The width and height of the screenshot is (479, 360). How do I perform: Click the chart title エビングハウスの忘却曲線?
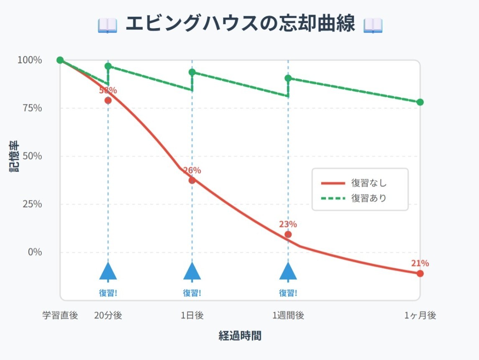coord(240,24)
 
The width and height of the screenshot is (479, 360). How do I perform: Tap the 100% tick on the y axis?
coord(30,60)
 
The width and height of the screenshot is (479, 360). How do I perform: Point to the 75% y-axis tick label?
coord(32,108)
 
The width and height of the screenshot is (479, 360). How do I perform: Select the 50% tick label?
coord(32,156)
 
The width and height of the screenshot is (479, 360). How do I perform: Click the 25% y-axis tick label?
coord(32,204)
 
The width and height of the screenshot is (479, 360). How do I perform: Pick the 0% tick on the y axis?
coord(34,252)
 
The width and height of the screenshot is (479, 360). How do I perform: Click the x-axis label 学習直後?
coord(60,316)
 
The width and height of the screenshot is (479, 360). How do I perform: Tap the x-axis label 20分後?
coord(108,316)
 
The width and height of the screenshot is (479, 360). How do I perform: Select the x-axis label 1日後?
coord(192,316)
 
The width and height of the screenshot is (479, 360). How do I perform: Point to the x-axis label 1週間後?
coord(288,316)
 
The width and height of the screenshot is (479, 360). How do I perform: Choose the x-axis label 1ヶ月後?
coord(420,316)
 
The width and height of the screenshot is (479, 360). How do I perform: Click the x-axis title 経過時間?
coord(240,335)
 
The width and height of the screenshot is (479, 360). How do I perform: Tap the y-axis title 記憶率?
coord(14,157)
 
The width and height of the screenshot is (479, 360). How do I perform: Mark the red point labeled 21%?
coord(420,273)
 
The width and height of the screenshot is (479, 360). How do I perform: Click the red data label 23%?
coord(288,224)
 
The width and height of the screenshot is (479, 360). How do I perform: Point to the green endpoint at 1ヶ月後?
coord(420,102)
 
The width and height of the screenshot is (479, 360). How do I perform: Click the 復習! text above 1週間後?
coord(288,293)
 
